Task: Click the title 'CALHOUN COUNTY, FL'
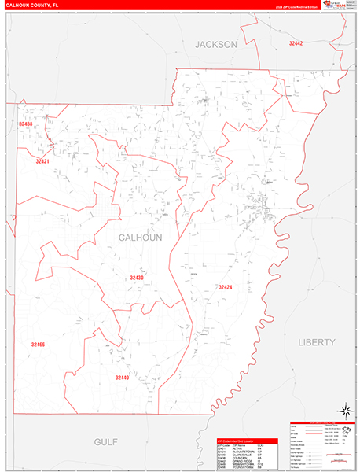tap(32, 5)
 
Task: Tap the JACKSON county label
tap(215, 45)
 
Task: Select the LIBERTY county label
tap(317, 342)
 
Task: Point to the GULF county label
tap(105, 442)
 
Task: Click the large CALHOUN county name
tap(141, 237)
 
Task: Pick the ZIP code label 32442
tap(296, 44)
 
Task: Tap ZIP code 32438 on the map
tap(26, 124)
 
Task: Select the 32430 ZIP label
tap(137, 278)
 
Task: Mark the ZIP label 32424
tap(226, 287)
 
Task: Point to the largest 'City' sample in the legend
tap(345, 431)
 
